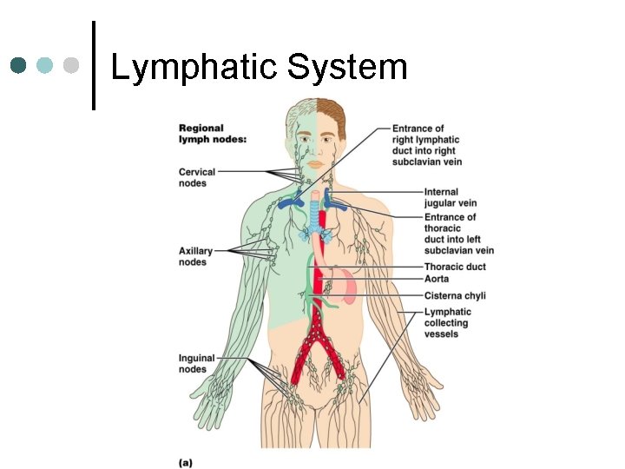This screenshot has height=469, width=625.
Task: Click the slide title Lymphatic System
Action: [259, 67]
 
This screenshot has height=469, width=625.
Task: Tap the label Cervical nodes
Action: [197, 177]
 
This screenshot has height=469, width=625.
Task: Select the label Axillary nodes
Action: [195, 256]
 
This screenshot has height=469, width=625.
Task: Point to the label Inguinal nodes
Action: [197, 363]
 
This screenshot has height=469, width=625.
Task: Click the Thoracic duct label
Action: [455, 267]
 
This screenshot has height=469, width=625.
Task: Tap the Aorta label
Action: [437, 279]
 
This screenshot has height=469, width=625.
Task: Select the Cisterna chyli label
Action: [455, 295]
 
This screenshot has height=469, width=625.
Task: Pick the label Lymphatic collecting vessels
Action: [447, 322]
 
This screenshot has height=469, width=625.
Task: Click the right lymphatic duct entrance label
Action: [426, 144]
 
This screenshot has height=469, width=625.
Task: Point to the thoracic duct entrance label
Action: [458, 234]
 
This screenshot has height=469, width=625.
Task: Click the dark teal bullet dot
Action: [19, 65]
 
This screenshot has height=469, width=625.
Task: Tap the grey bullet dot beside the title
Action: [71, 65]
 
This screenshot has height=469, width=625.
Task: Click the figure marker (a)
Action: [186, 462]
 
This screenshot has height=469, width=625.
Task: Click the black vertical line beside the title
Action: [93, 65]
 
